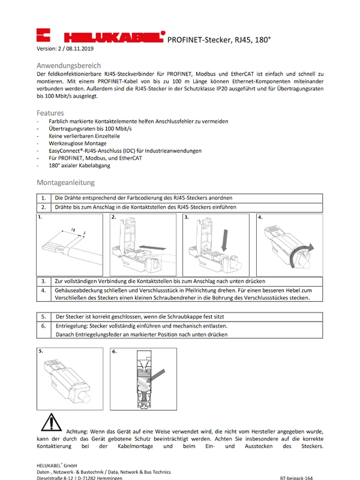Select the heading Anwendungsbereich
69,65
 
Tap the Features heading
50,112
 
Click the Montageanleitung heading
65,182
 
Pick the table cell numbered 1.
44,198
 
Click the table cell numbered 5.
44,316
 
